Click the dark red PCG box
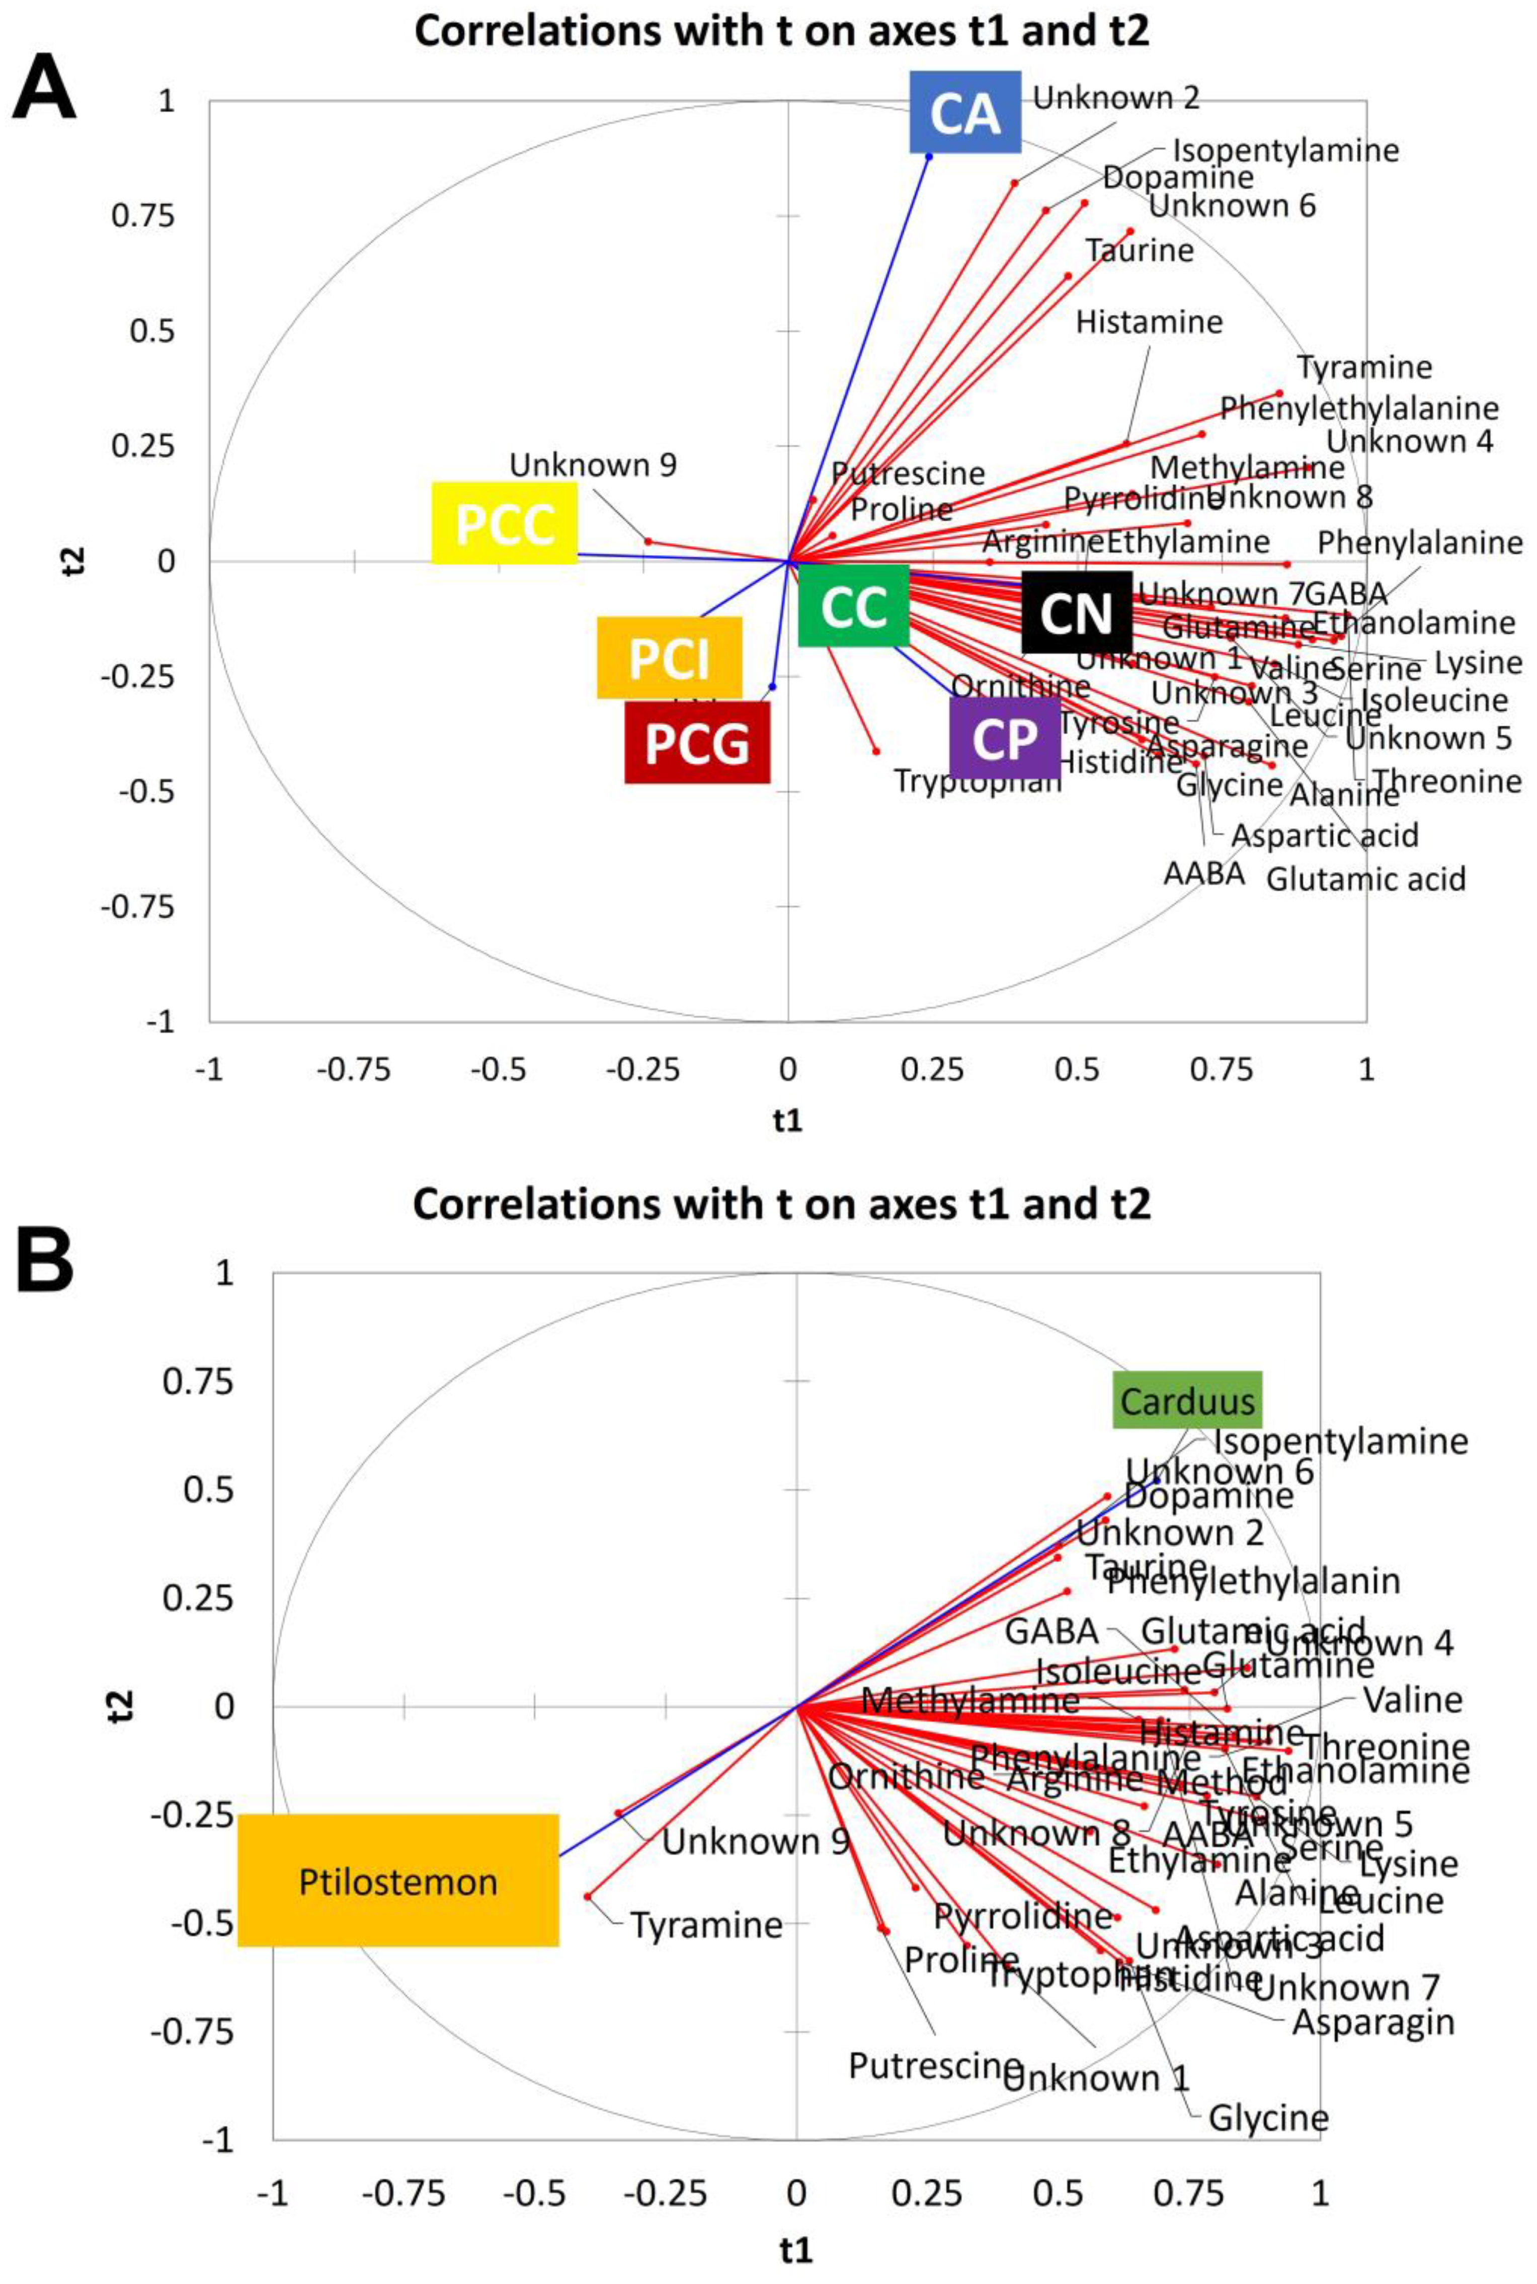pyautogui.click(x=697, y=742)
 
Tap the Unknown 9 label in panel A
pyautogui.click(x=593, y=464)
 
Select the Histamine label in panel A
pyautogui.click(x=1149, y=322)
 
